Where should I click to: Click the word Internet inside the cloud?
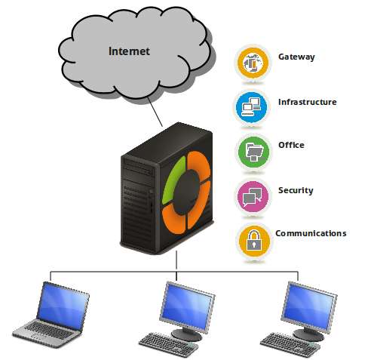129,51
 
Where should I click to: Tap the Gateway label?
296,57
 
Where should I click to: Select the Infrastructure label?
307,102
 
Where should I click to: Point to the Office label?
291,145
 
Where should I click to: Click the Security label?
296,190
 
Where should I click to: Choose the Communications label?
311,233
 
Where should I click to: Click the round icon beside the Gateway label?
253,63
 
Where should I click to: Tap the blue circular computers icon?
251,107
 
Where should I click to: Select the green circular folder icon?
253,152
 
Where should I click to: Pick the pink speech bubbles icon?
253,196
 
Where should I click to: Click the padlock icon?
254,241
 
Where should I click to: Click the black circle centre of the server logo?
186,192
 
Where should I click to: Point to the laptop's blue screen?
63,305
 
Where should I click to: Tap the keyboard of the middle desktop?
168,344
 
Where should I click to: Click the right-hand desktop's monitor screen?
308,306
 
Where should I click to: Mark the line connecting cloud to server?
155,112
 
